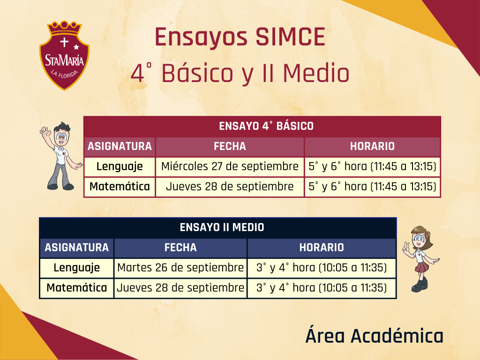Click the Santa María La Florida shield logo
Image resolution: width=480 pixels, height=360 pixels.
click(x=64, y=56)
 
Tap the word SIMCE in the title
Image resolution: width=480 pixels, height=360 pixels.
click(x=290, y=37)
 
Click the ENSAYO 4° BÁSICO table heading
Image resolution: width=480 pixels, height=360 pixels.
click(x=266, y=126)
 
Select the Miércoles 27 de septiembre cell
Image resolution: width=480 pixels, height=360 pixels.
click(x=230, y=166)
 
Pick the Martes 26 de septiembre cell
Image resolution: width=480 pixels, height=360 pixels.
click(x=180, y=268)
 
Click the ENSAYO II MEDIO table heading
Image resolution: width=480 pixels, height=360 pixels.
click(x=222, y=227)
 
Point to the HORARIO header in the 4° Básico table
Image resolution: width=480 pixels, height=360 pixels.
click(x=372, y=146)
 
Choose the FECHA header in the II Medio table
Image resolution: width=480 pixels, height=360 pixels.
click(x=180, y=247)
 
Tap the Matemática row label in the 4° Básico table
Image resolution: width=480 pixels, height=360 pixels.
click(x=120, y=187)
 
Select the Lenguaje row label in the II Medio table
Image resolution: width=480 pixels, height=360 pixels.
click(x=76, y=268)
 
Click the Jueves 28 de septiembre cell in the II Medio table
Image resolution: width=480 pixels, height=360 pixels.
click(x=180, y=288)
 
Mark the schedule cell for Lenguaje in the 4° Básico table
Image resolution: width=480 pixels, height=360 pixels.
click(x=372, y=166)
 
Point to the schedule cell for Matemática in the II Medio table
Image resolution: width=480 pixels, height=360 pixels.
click(x=322, y=288)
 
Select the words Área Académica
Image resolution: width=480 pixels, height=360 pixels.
click(x=375, y=336)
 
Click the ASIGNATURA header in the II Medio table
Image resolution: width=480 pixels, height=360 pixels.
click(x=76, y=247)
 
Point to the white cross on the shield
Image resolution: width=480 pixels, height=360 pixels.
click(x=64, y=42)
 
